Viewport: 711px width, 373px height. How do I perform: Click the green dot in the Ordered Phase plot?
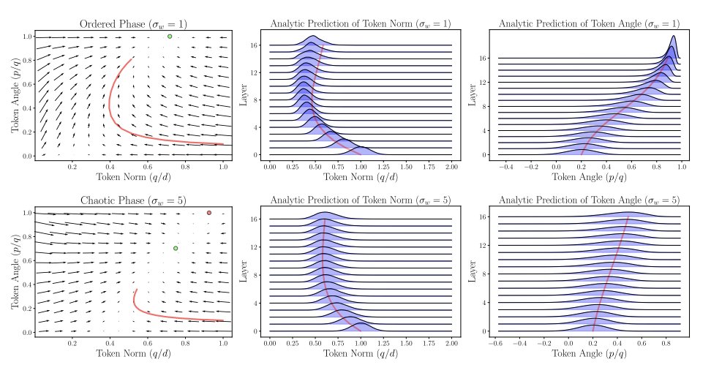170,36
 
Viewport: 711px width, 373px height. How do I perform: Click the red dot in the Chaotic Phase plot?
209,213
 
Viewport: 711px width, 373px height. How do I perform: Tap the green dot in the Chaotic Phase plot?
176,248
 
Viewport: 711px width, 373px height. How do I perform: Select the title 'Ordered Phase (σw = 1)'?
133,23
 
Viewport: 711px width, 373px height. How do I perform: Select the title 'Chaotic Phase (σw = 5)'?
133,200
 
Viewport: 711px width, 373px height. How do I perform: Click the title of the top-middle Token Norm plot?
361,23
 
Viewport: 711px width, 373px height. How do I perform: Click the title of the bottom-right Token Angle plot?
588,200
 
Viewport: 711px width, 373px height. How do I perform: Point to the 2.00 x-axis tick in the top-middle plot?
451,167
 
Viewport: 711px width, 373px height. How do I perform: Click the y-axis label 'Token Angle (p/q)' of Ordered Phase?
15,96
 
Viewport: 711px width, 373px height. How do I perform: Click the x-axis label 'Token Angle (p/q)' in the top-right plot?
588,177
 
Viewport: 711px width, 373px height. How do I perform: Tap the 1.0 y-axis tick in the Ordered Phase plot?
27,36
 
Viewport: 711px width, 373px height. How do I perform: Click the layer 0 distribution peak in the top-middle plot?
361,148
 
